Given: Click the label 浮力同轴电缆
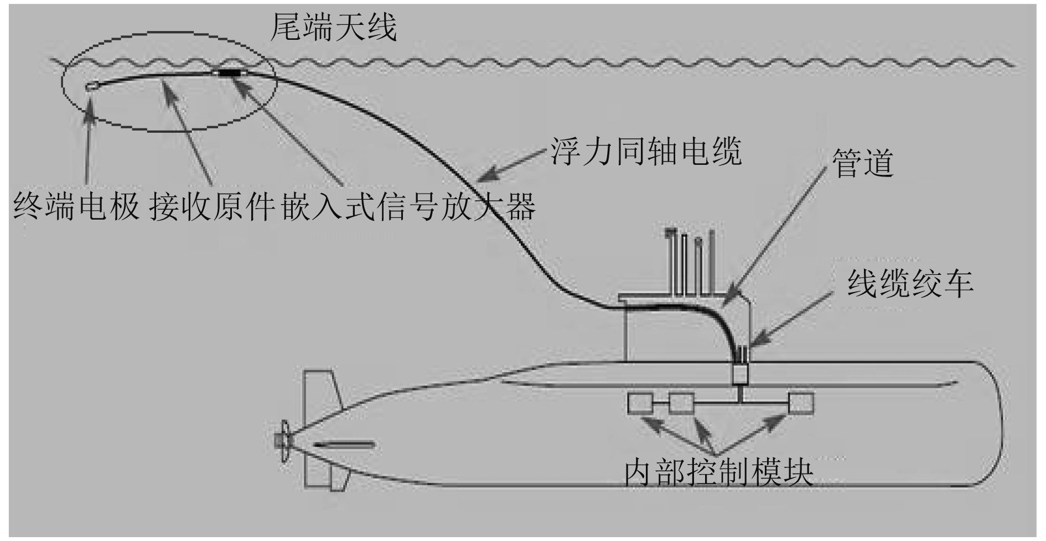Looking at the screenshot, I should (645, 150).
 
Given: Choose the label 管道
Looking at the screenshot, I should (863, 163).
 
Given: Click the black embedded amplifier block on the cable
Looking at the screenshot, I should (229, 72).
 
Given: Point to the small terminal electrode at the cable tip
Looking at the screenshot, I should (92, 86).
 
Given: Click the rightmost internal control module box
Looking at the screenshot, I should (801, 403).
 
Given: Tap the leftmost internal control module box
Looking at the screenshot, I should (640, 403).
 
